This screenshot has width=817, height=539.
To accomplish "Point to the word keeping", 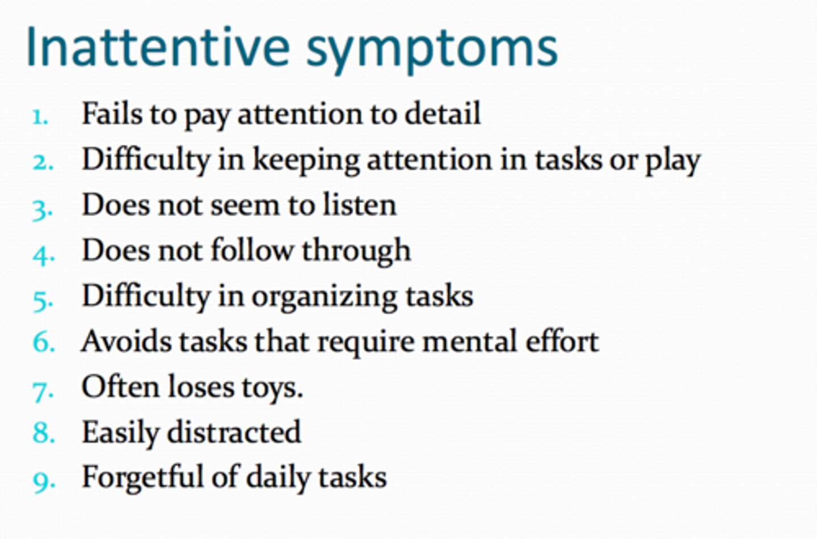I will pos(306,161).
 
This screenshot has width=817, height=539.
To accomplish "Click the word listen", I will pos(360,205).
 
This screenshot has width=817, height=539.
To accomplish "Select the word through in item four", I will pos(356,251).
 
